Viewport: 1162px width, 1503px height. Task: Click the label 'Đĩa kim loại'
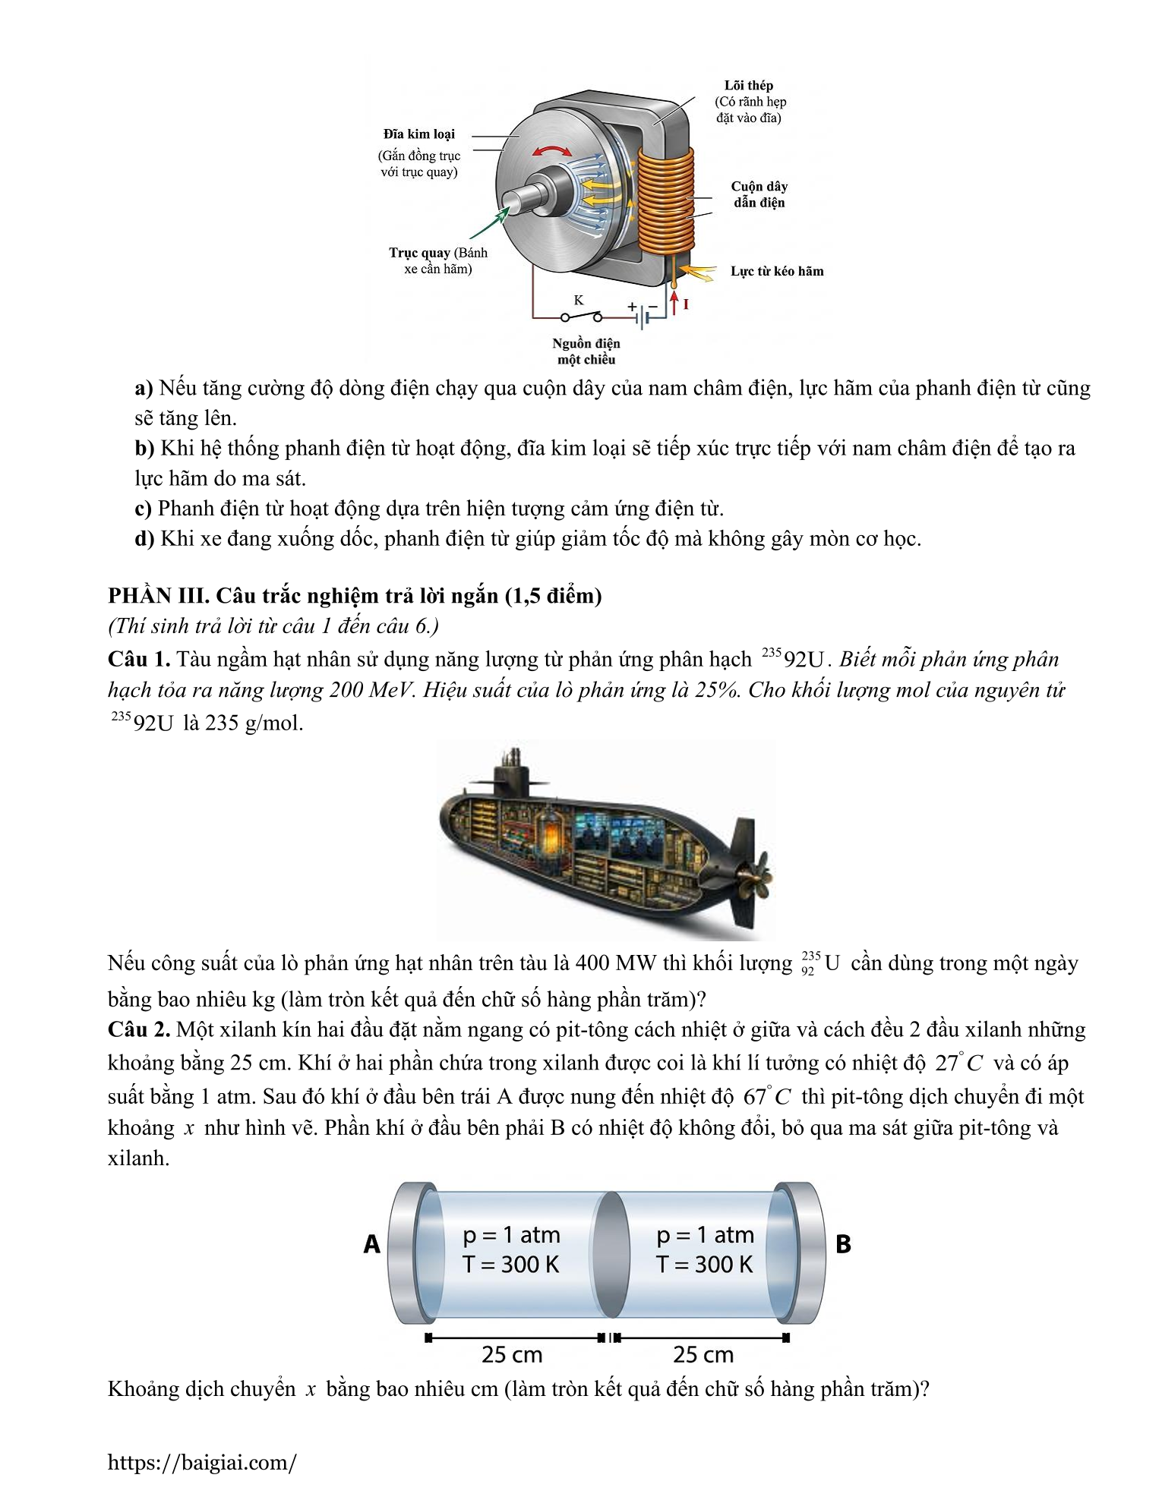point(418,134)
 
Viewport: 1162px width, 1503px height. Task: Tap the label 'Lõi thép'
point(749,86)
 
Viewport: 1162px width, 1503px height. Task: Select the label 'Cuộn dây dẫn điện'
point(759,194)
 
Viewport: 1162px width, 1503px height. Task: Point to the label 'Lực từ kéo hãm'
point(777,271)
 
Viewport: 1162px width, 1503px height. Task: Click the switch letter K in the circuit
point(579,300)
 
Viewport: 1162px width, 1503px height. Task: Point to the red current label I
point(686,304)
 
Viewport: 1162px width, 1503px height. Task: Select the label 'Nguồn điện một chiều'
point(586,351)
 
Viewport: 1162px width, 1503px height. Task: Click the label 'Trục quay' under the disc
point(419,253)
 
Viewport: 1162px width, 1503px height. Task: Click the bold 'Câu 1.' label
point(139,659)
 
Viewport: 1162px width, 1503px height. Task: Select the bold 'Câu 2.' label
point(139,1029)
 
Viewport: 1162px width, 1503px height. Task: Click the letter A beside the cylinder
point(371,1244)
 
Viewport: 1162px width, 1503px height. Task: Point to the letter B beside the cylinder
point(843,1244)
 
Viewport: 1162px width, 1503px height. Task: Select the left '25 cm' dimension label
point(512,1354)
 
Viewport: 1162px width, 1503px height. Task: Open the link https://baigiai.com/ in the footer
point(202,1463)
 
